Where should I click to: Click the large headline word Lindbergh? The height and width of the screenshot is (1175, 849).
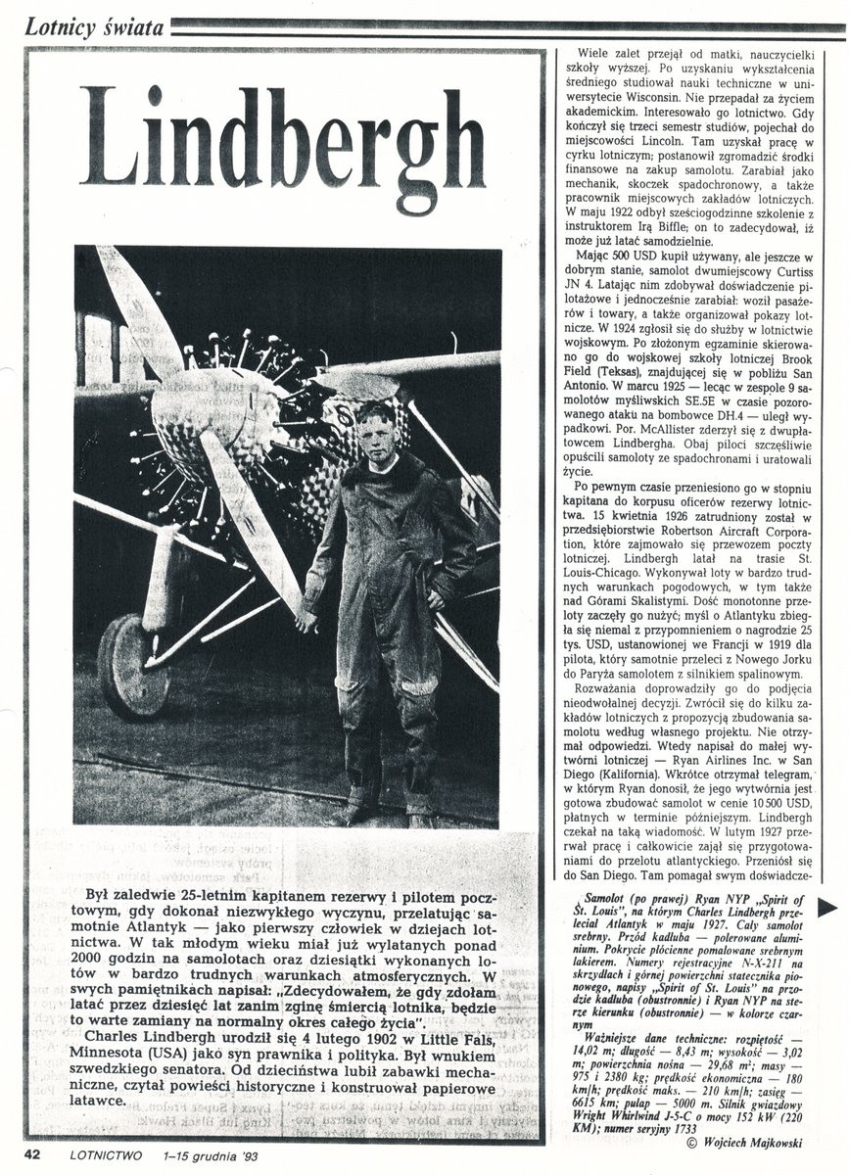[x=282, y=139]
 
